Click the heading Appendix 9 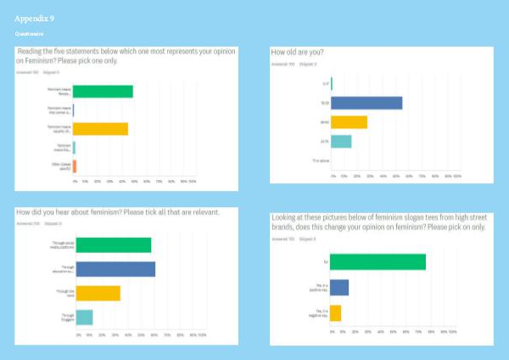(36, 17)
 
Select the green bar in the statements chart (103, 92)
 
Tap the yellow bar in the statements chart (100, 129)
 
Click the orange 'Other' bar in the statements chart (75, 166)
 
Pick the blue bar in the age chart (366, 103)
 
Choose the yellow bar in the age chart (349, 122)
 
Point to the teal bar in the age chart (341, 141)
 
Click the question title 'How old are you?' (297, 53)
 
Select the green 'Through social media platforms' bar (113, 245)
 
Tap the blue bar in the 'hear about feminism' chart (115, 269)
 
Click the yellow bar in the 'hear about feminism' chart (97, 293)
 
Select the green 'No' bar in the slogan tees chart (378, 262)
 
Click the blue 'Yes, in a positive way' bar (339, 287)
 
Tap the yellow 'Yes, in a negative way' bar (335, 312)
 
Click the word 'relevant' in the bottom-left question (206, 211)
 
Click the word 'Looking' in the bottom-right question (284, 218)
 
